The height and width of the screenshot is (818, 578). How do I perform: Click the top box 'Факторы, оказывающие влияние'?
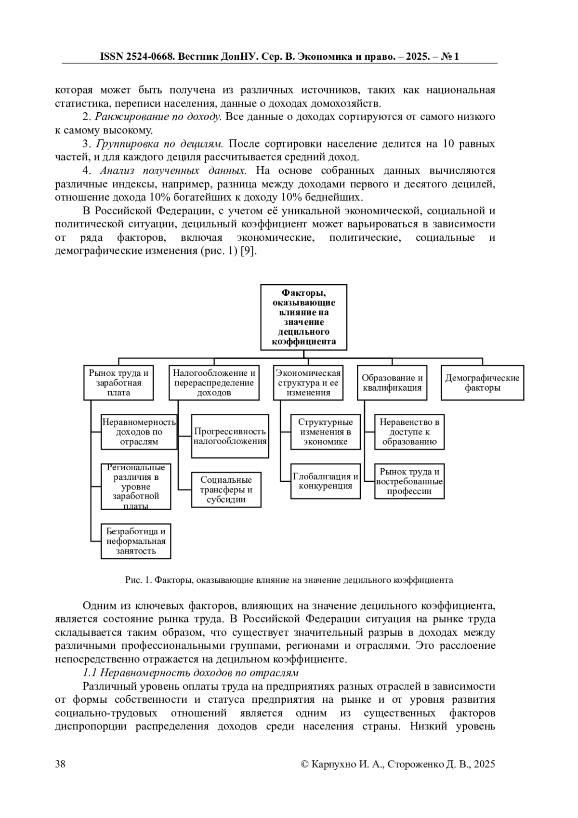(x=303, y=317)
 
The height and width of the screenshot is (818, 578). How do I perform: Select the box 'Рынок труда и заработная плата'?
(x=118, y=383)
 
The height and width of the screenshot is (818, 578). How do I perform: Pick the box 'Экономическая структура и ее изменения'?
(x=308, y=383)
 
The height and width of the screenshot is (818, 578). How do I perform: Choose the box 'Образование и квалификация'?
(x=392, y=383)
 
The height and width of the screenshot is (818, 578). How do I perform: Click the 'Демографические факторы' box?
(x=482, y=383)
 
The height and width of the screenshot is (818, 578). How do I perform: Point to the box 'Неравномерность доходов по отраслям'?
(x=139, y=432)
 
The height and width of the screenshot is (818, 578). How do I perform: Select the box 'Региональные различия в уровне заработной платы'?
(x=136, y=486)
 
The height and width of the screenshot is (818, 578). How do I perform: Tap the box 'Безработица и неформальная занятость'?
(x=136, y=541)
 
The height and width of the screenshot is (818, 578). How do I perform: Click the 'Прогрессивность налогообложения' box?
(x=230, y=436)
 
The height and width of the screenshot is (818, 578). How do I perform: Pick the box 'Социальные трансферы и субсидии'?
(x=226, y=489)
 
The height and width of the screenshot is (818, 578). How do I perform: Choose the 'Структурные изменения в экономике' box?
(x=326, y=432)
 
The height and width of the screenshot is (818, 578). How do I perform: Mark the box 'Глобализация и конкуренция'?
(x=326, y=481)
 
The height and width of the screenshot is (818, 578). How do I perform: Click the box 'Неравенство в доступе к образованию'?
(x=409, y=432)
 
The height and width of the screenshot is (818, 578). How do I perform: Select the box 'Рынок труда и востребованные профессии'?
(x=409, y=481)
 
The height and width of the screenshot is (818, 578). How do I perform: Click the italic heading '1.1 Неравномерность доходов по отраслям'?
(x=191, y=673)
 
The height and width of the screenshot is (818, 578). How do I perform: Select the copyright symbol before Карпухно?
(x=304, y=764)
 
